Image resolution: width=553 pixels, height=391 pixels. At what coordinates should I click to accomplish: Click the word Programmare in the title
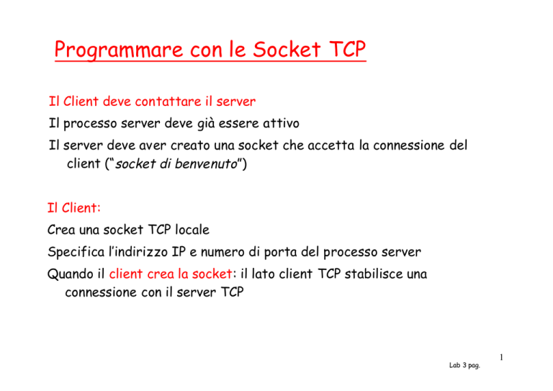tap(119, 50)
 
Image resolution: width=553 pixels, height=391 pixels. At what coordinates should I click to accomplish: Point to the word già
tap(206, 124)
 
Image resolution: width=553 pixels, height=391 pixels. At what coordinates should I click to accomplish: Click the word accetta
tap(331, 145)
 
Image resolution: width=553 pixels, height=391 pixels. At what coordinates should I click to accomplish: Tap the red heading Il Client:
tap(74, 207)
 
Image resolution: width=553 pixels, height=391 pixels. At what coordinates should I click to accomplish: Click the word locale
tap(192, 230)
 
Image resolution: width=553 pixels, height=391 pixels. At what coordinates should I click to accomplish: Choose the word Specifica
tap(76, 252)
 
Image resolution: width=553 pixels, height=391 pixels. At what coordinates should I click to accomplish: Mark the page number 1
tap(501, 357)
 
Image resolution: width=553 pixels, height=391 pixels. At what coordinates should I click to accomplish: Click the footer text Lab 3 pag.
tap(464, 365)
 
